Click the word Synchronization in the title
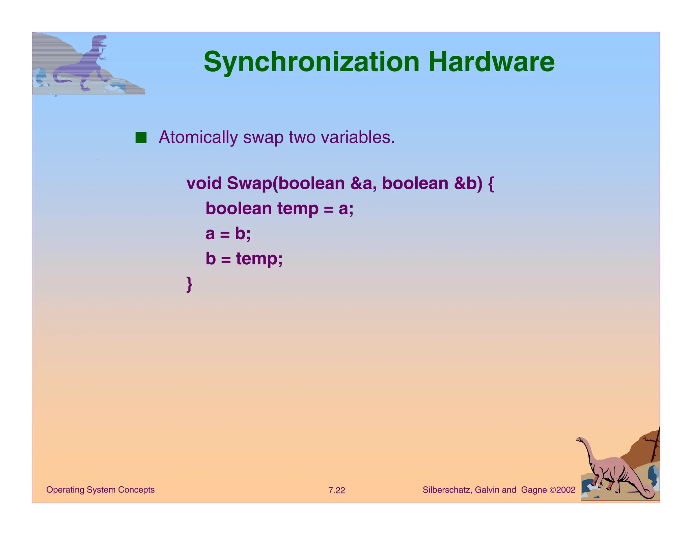tap(311, 62)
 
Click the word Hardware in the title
tap(491, 62)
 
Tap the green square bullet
tap(141, 138)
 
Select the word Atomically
tap(198, 138)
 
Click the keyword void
tap(204, 184)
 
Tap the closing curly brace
tap(190, 284)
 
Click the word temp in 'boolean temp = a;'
tap(298, 209)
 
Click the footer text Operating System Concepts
tap(100, 490)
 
